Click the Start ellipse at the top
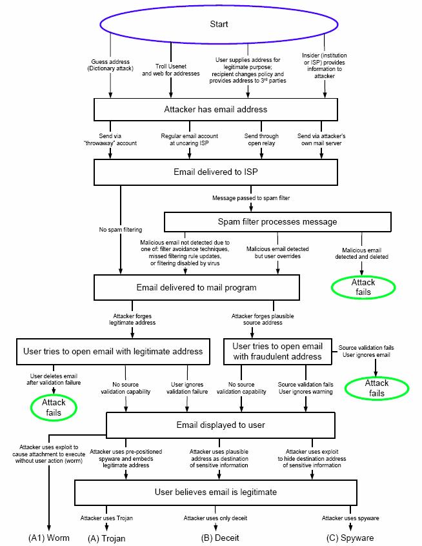(219, 25)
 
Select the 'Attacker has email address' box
(215, 109)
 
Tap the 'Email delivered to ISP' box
(216, 172)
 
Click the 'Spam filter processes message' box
(278, 221)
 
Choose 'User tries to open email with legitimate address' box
(112, 351)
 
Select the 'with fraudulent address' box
(276, 351)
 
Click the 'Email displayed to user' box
(220, 425)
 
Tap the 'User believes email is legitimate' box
(216, 491)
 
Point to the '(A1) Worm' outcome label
(48, 537)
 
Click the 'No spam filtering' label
(120, 230)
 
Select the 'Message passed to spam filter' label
(251, 197)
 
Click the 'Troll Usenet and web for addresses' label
(171, 70)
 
